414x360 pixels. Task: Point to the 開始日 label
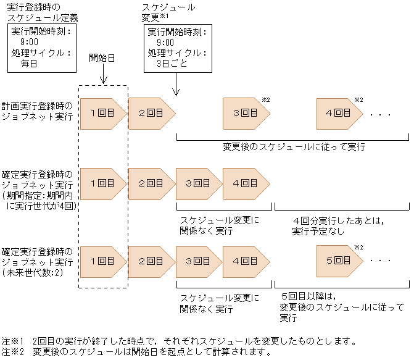(103, 58)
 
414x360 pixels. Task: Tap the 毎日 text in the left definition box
(30, 62)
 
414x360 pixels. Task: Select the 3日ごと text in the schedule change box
(171, 62)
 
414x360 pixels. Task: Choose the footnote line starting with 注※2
(136, 352)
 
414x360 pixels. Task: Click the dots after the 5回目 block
(381, 261)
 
